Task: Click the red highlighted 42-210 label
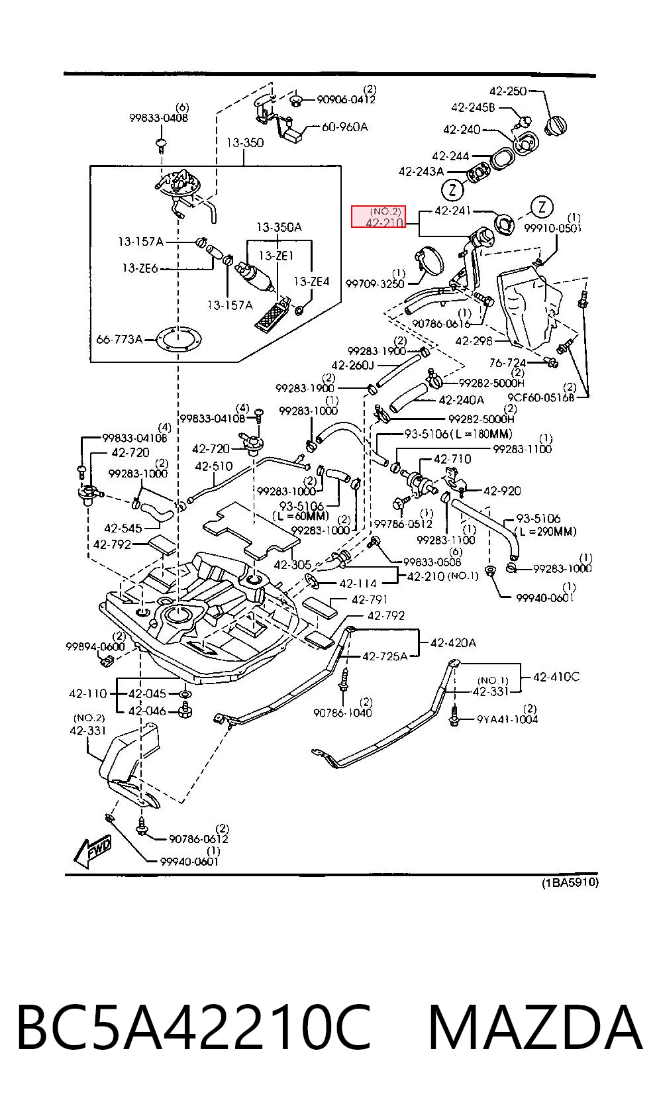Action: pos(378,217)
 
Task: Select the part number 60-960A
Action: pos(344,127)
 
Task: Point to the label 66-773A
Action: pos(119,339)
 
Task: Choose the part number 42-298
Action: pos(474,341)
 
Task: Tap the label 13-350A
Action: pos(279,227)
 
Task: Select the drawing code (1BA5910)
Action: pos(570,883)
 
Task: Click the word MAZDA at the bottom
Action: pos(535,1027)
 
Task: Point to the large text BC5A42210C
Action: pos(194,1027)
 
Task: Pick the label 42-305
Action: pos(293,564)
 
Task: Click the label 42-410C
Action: pos(556,676)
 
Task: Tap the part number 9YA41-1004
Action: pos(507,719)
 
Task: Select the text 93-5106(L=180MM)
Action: pos(458,434)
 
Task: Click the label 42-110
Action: pos(88,693)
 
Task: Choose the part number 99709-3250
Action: pos(375,283)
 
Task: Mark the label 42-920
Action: pos(502,491)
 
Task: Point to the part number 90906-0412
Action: pos(346,99)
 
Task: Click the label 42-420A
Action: pos(453,642)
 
